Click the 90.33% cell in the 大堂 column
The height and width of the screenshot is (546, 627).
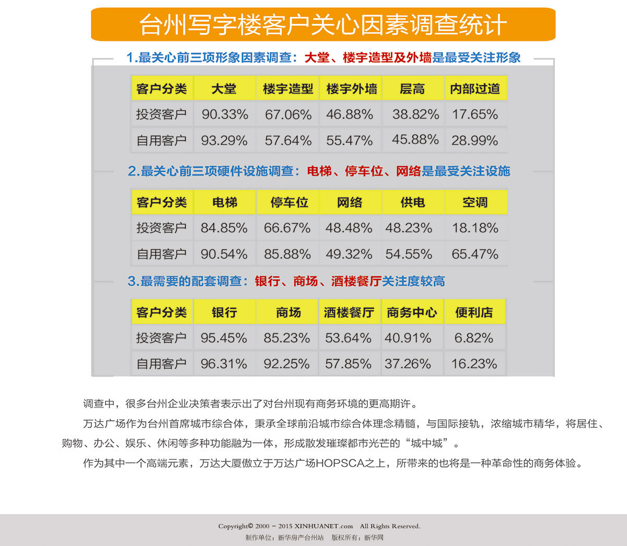point(225,114)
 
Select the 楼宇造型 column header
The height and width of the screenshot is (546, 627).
point(288,89)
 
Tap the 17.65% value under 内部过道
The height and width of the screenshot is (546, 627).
point(475,114)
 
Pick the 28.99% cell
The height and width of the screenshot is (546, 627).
point(475,141)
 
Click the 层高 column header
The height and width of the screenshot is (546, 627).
point(412,89)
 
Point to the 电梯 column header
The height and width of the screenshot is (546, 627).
point(225,202)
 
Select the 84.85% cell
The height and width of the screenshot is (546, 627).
point(224,228)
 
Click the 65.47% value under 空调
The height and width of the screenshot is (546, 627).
point(475,254)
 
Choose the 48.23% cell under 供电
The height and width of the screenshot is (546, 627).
point(409,228)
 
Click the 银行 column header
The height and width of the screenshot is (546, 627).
point(224,312)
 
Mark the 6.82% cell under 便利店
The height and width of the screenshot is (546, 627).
point(474,338)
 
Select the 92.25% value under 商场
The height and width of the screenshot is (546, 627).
point(287,364)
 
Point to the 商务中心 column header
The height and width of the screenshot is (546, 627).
point(412,312)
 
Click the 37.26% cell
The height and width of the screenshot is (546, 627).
point(408,364)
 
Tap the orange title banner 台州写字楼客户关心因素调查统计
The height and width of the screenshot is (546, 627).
point(323,25)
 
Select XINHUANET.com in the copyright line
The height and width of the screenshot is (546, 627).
point(323,526)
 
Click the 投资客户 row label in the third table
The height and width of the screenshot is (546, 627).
point(161,338)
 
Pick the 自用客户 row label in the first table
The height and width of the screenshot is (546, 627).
point(161,141)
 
